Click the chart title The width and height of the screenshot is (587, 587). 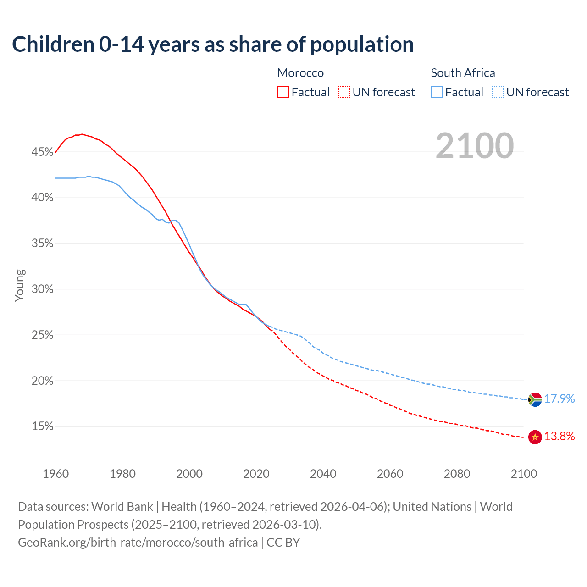pos(213,44)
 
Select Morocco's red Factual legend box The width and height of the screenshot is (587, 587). pos(283,92)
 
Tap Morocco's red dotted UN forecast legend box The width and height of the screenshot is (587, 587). pos(344,92)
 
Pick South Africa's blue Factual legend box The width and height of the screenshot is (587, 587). pos(437,92)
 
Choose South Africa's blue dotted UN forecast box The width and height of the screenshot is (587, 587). pos(498,92)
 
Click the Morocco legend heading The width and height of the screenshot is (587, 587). pos(300,73)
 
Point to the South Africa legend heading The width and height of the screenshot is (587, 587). pos(463,73)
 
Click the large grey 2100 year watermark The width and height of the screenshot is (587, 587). pos(474,146)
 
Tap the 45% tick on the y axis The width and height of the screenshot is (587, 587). pos(42,152)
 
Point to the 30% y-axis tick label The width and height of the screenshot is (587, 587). pos(42,289)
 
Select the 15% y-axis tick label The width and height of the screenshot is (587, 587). pos(42,426)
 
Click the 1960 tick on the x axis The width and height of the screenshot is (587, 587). pos(55,474)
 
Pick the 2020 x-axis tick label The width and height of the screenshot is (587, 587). pos(256,474)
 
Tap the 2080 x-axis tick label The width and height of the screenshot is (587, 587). pos(457,474)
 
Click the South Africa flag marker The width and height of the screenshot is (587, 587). pos(535,399)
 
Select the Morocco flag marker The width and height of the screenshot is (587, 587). pos(535,437)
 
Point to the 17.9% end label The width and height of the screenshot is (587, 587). pos(559,399)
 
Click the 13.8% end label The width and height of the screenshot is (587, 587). pos(559,437)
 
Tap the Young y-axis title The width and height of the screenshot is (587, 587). pos(20,286)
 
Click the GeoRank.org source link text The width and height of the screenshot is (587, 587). pos(138,543)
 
